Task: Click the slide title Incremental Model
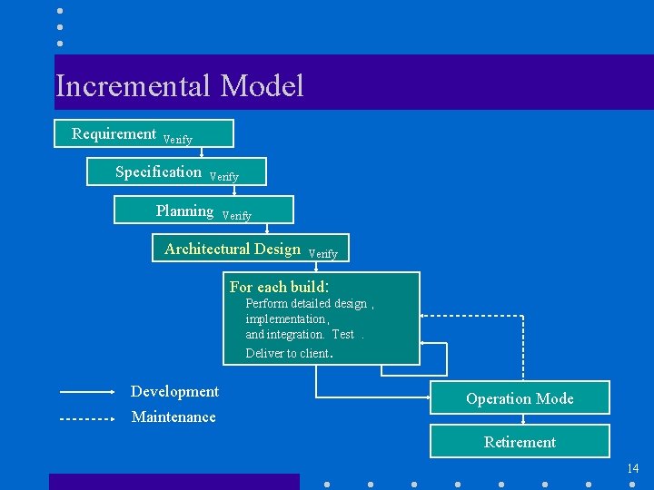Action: tap(179, 86)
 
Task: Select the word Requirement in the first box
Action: tap(114, 133)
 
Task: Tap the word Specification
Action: tap(158, 171)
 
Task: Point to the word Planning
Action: tap(184, 211)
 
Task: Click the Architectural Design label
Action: tap(233, 249)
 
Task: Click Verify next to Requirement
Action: tap(178, 140)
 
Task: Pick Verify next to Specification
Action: tap(224, 177)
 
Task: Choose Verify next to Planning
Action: tap(237, 216)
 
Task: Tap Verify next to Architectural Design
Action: tap(323, 254)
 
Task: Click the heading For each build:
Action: tap(279, 287)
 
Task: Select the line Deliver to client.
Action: tap(290, 353)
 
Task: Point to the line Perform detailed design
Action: tap(306, 304)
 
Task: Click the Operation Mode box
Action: tap(520, 398)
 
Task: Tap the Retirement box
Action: tap(520, 442)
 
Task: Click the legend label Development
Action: tap(174, 391)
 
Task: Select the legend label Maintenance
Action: tap(173, 416)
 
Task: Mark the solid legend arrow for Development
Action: tap(86, 392)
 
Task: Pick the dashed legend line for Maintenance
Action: tap(86, 419)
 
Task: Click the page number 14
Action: tap(632, 468)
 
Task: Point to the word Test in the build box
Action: tap(343, 335)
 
